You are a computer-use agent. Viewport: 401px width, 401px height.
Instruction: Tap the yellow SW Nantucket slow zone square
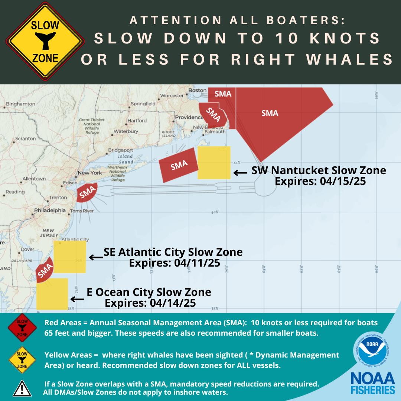pyautogui.click(x=214, y=163)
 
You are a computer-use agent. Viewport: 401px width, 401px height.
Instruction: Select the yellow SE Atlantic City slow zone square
pyautogui.click(x=70, y=257)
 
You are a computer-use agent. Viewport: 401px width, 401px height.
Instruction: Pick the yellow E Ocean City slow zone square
pyautogui.click(x=52, y=294)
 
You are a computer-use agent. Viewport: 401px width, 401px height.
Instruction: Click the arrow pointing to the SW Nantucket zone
pyautogui.click(x=240, y=173)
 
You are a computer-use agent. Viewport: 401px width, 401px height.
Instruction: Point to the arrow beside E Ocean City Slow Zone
pyautogui.click(x=78, y=299)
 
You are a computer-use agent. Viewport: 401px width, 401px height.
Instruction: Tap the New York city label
pyautogui.click(x=90, y=173)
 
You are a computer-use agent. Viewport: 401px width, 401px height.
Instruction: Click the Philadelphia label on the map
pyautogui.click(x=49, y=210)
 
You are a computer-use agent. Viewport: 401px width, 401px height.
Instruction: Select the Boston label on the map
pyautogui.click(x=197, y=90)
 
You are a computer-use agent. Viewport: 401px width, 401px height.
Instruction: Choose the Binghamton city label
pyautogui.click(x=21, y=104)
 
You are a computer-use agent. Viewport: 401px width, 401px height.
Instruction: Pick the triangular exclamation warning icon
pyautogui.click(x=22, y=388)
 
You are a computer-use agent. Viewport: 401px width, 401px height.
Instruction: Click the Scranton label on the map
pyautogui.click(x=25, y=138)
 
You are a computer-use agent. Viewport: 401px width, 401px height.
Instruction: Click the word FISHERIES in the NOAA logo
pyautogui.click(x=373, y=390)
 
